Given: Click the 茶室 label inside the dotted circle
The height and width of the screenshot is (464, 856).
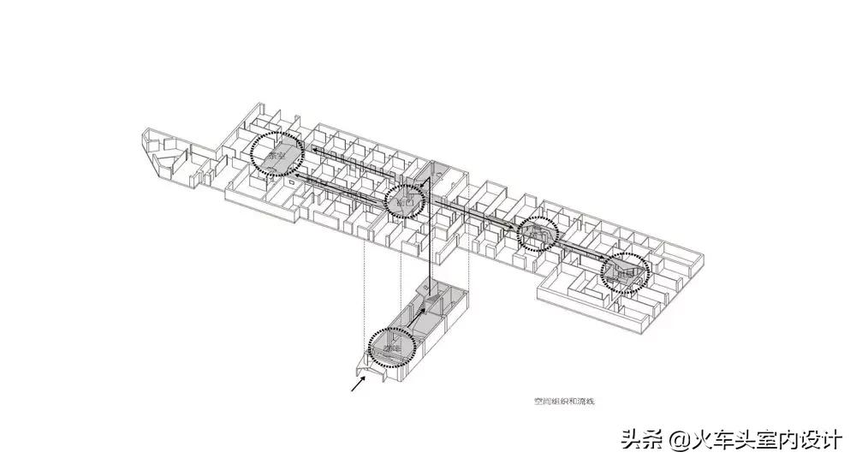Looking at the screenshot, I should tap(276, 156).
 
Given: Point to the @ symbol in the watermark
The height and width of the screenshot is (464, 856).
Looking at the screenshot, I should tap(678, 441).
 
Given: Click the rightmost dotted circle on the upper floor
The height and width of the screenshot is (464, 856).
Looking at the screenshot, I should tap(625, 272).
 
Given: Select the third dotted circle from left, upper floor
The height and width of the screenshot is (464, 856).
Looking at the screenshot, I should tap(538, 231).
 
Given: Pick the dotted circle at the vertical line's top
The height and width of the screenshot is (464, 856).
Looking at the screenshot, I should tap(406, 200).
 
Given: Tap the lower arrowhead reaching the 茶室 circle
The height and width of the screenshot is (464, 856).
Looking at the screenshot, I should tap(287, 171).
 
